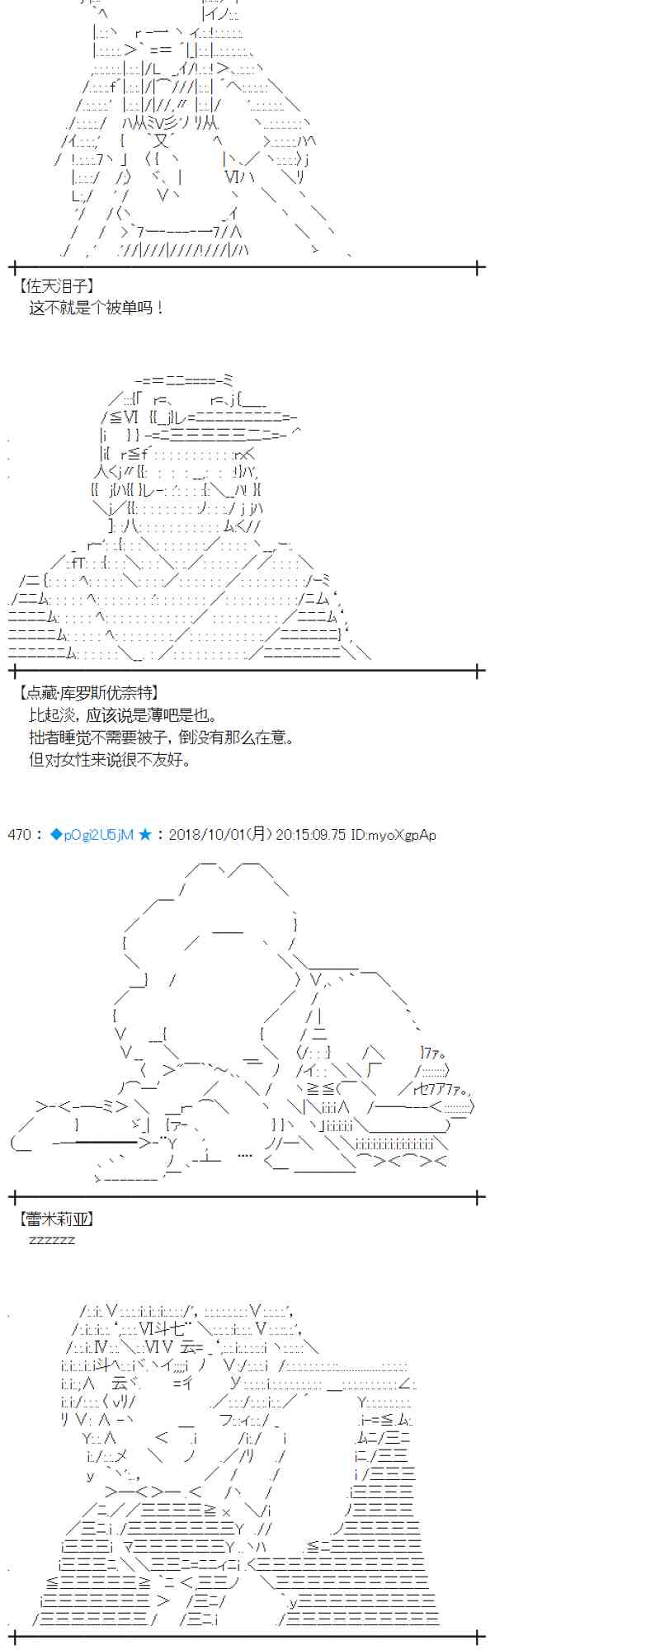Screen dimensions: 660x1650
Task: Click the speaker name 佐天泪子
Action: pyautogui.click(x=55, y=285)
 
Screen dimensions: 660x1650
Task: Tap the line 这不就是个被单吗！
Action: pyautogui.click(x=97, y=308)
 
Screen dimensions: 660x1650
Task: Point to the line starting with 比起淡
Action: pyautogui.click(x=124, y=715)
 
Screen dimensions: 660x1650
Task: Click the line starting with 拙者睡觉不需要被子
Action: pyautogui.click(x=161, y=738)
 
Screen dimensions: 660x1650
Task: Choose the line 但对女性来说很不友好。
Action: pyautogui.click(x=110, y=760)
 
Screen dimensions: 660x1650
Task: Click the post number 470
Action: pyautogui.click(x=19, y=835)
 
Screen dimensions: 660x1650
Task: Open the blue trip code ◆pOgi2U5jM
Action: pyautogui.click(x=92, y=835)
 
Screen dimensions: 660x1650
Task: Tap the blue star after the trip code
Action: pyautogui.click(x=145, y=835)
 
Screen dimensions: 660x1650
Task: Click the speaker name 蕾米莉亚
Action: pyautogui.click(x=55, y=1219)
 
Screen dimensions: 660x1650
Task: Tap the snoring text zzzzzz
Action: pyautogui.click(x=52, y=1240)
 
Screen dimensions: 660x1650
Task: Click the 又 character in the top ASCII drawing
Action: pyautogui.click(x=162, y=141)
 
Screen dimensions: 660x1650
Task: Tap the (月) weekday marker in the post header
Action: pyautogui.click(x=260, y=835)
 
